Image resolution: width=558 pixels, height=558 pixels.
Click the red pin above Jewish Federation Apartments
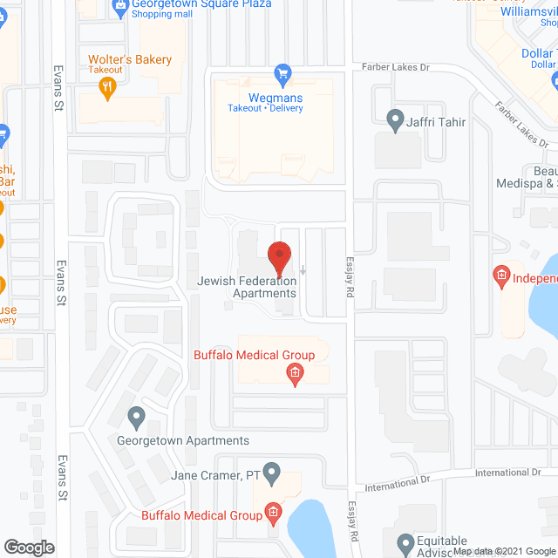pos(278,257)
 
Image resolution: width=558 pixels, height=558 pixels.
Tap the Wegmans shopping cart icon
pos(282,72)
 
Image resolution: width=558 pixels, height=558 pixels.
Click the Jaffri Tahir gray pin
pos(394,118)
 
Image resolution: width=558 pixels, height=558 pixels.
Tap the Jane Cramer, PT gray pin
pos(272,475)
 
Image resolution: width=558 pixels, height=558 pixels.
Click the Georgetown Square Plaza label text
pos(201,4)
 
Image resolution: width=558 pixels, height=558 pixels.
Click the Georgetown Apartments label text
pos(183,441)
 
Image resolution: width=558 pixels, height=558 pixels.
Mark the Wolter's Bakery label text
pos(130,59)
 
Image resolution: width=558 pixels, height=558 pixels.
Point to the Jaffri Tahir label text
pos(436,123)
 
